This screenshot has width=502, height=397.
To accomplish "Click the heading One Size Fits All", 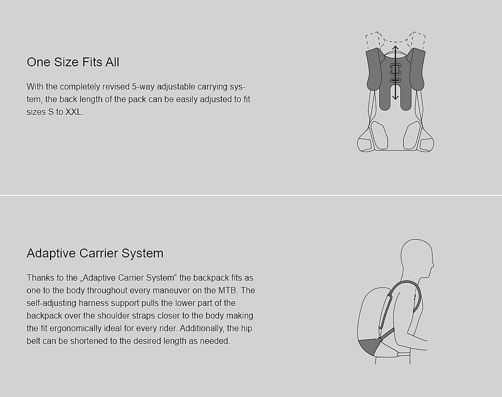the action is (73, 62).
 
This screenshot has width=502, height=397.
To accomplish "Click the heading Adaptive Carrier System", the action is (95, 253).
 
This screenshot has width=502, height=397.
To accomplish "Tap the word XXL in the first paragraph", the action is (74, 112).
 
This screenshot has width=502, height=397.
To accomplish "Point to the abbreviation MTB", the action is (228, 291).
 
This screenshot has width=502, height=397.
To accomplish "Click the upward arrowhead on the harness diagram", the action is (396, 48).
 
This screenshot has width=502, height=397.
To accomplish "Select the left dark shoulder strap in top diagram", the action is (373, 69).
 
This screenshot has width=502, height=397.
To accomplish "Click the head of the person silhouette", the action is (417, 259).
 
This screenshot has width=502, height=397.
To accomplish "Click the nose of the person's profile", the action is (432, 265).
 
